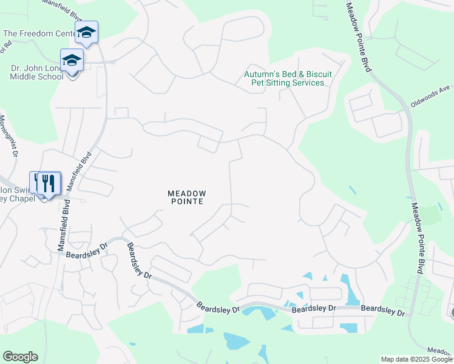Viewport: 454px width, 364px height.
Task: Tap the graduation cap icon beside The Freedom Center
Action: (87, 33)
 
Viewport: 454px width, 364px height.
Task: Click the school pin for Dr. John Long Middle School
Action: (72, 61)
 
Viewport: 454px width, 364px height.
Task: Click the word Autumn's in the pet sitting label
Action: (260, 74)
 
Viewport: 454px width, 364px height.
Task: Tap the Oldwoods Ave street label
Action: (430, 96)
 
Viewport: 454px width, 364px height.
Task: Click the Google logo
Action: (20, 356)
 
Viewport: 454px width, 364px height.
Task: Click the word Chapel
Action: (19, 198)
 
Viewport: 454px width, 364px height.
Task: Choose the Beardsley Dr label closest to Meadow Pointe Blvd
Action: (383, 310)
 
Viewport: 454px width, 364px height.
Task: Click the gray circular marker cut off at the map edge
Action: (451, 313)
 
